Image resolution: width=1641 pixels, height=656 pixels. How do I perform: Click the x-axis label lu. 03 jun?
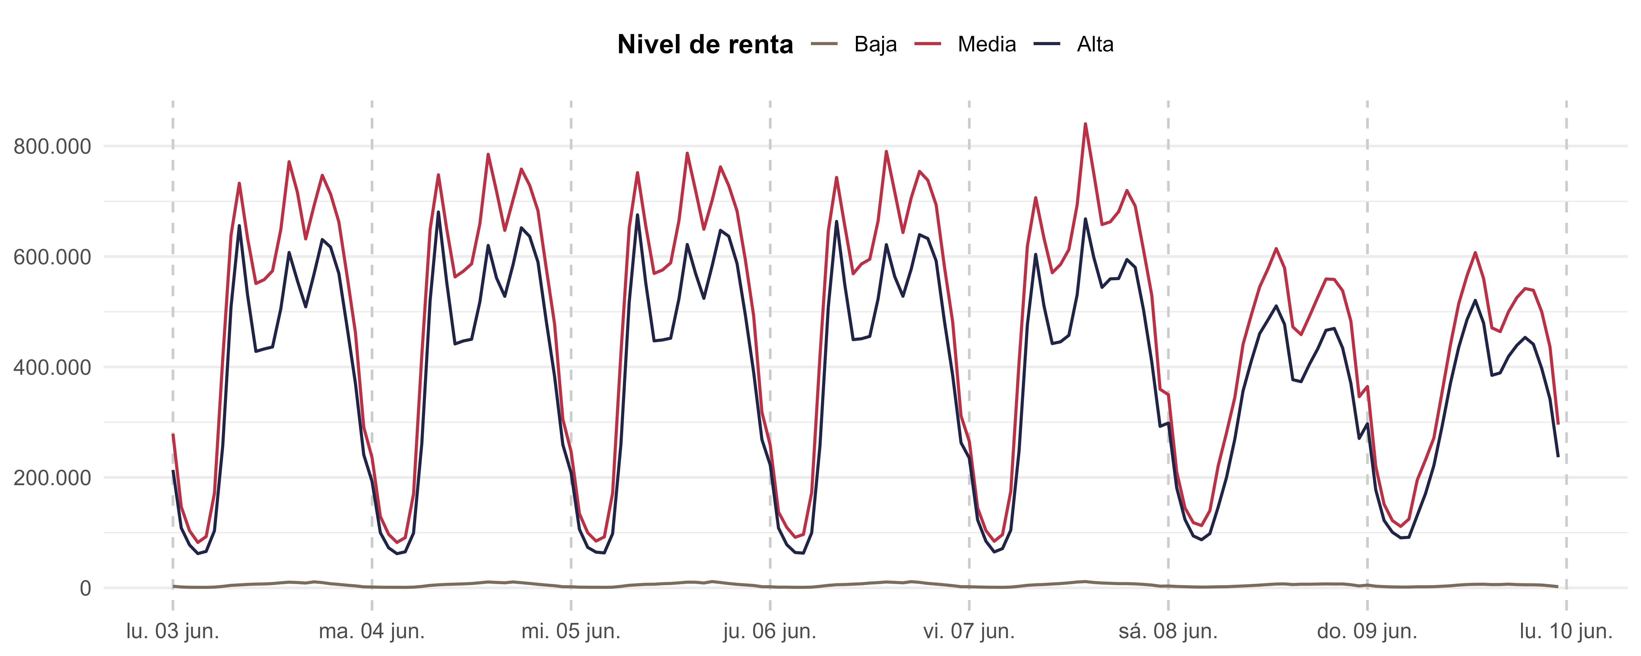click(x=173, y=632)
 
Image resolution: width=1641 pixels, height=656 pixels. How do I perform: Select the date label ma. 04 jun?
click(x=371, y=632)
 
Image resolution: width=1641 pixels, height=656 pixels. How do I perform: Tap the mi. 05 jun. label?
click(x=571, y=632)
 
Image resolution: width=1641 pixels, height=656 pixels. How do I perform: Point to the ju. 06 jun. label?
click(x=770, y=632)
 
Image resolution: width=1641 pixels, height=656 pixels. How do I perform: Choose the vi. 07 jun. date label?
click(x=969, y=632)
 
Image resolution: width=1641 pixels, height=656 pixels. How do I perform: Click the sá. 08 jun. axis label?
click(x=1168, y=632)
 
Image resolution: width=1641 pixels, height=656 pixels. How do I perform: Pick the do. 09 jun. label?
click(x=1367, y=632)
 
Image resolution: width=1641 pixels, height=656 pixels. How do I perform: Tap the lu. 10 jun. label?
click(x=1566, y=632)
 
